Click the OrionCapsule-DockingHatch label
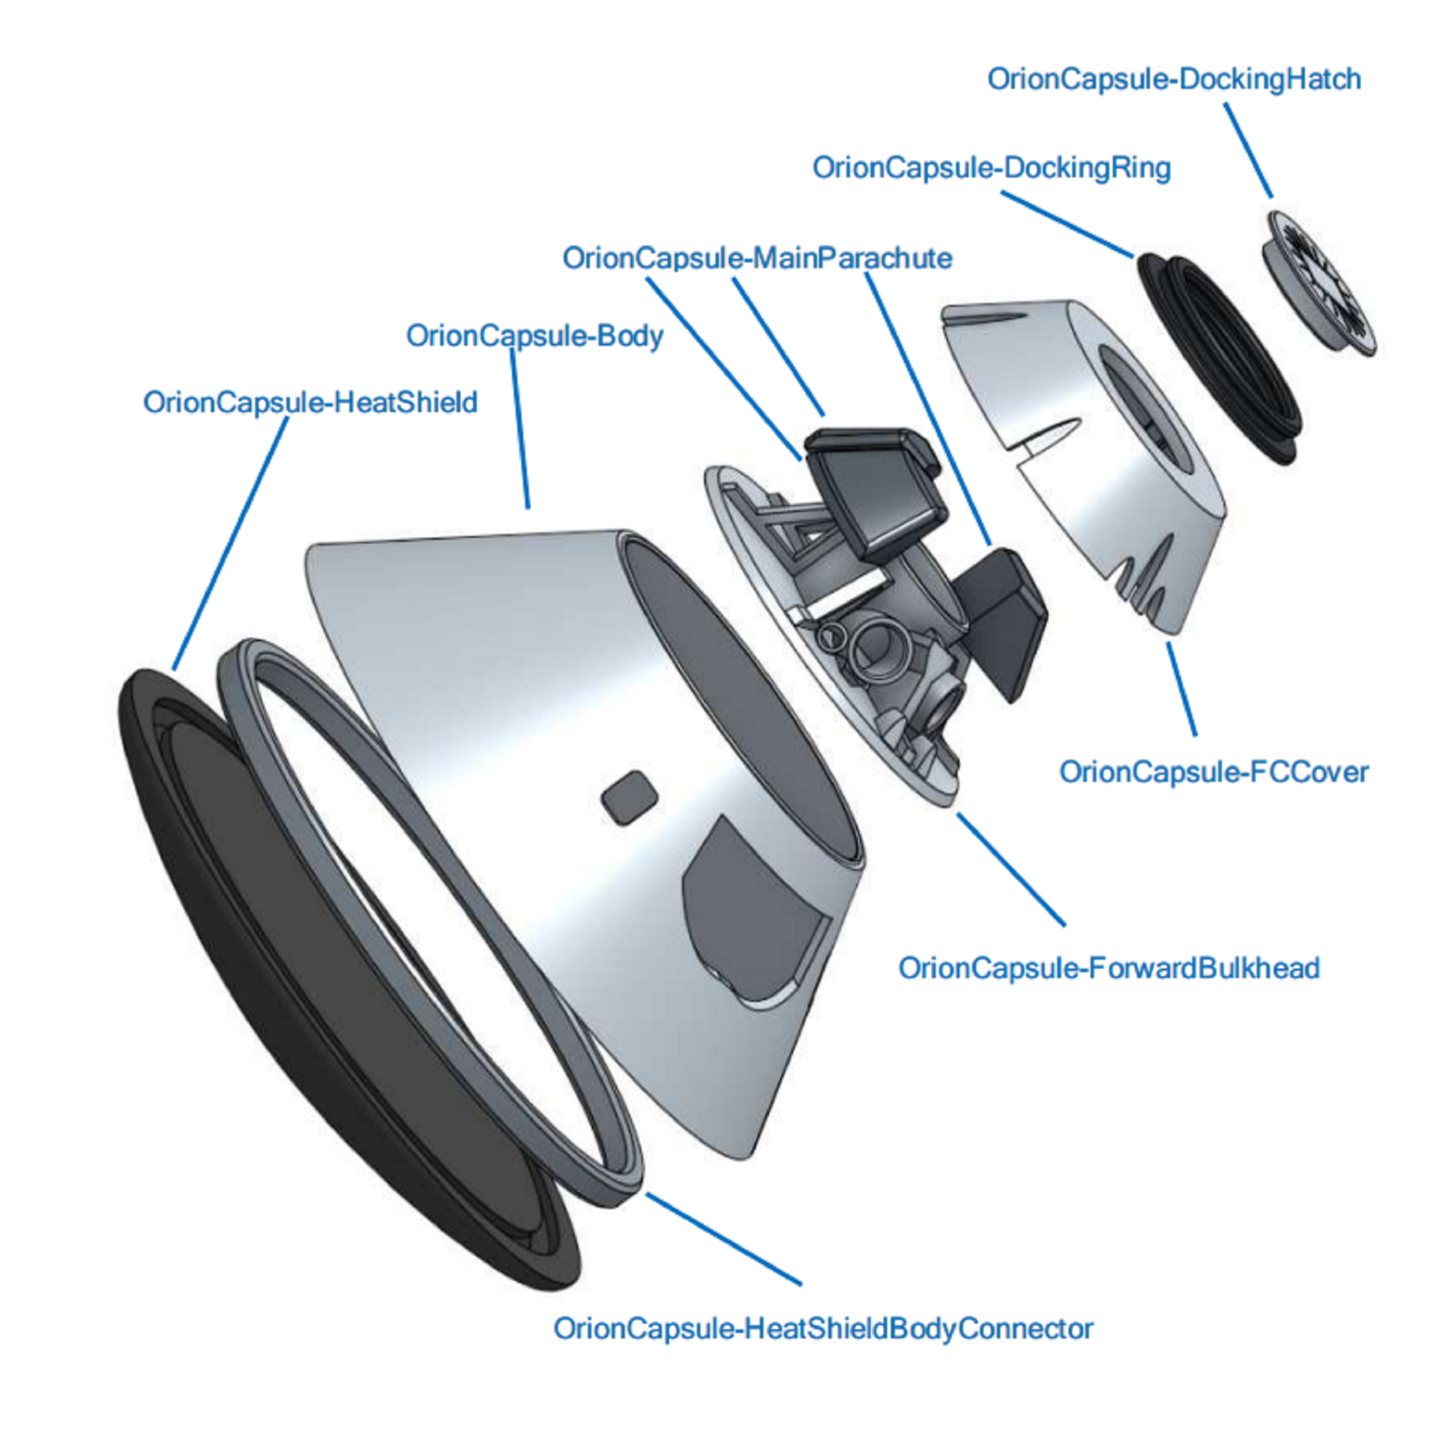pyautogui.click(x=1174, y=80)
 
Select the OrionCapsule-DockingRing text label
pyautogui.click(x=992, y=168)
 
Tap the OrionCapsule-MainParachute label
pyautogui.click(x=757, y=258)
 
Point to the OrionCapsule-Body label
pyautogui.click(x=535, y=336)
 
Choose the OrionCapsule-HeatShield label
pyautogui.click(x=311, y=402)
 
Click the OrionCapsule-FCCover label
pyautogui.click(x=1214, y=772)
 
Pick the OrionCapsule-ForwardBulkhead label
pyautogui.click(x=1109, y=968)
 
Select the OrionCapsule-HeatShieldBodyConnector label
pyautogui.click(x=824, y=1329)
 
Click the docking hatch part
pyautogui.click(x=1320, y=282)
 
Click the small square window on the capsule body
pyautogui.click(x=629, y=798)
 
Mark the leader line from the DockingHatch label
pyautogui.click(x=1248, y=150)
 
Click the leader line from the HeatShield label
pyautogui.click(x=231, y=544)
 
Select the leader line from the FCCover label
pyautogui.click(x=1181, y=688)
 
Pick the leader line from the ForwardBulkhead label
pyautogui.click(x=1010, y=869)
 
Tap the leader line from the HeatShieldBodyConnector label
pyautogui.click(x=724, y=1239)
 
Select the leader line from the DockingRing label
pyautogui.click(x=1067, y=224)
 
